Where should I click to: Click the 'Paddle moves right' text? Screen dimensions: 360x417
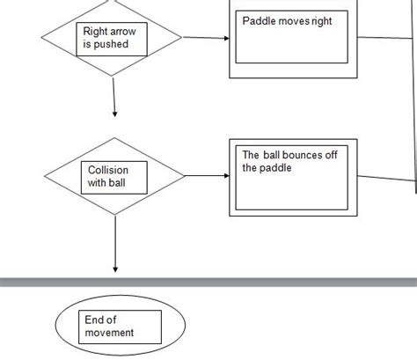(x=287, y=21)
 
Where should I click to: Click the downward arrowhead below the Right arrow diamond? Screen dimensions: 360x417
(x=114, y=113)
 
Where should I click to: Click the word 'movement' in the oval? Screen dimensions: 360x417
(x=109, y=333)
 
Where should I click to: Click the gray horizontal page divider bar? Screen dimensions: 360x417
(x=208, y=283)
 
